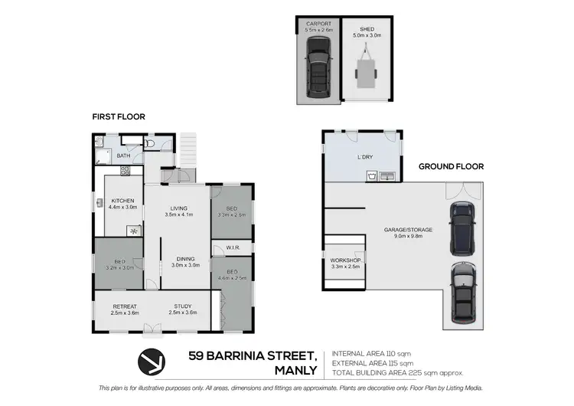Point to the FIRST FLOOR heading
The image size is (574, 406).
coord(119,117)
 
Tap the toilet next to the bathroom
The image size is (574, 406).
coord(150,143)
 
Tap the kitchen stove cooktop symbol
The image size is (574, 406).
coord(134,230)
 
